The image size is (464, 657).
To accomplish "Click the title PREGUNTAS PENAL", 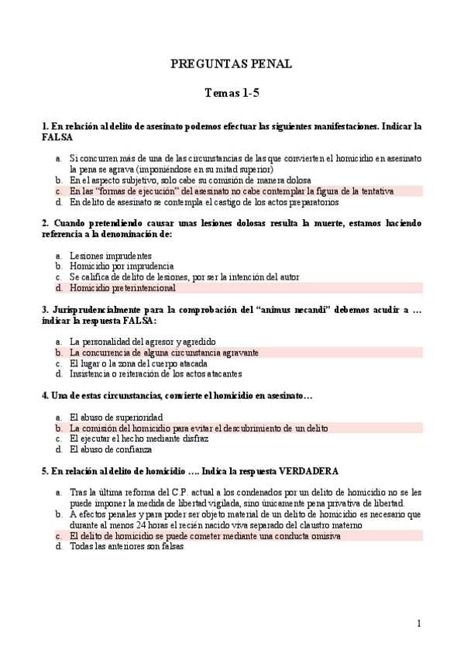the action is (x=231, y=64).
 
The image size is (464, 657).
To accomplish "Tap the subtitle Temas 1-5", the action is (x=231, y=94).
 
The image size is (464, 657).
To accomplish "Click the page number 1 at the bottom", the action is (x=418, y=623).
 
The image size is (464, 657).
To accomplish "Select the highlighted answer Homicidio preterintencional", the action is (x=122, y=287).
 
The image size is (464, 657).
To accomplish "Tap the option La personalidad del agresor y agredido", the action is (x=143, y=341).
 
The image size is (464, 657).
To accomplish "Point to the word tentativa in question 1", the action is (x=376, y=191).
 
